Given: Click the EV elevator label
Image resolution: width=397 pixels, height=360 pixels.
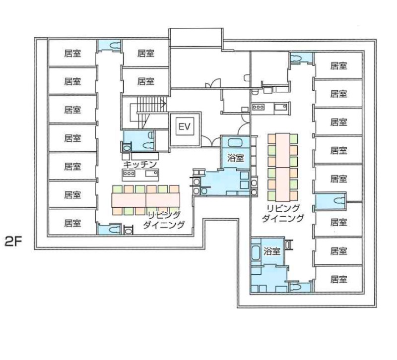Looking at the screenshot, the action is pyautogui.click(x=184, y=126).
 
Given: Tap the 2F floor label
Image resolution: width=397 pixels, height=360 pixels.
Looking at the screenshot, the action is pyautogui.click(x=13, y=242).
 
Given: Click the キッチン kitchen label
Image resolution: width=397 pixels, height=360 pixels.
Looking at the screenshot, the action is pyautogui.click(x=140, y=165).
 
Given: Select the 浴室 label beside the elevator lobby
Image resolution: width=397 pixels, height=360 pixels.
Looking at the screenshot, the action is pyautogui.click(x=235, y=158).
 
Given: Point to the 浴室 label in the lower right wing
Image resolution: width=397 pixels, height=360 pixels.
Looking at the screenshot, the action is pyautogui.click(x=271, y=251).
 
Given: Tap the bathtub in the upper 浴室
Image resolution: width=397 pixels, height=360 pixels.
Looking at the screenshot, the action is pyautogui.click(x=235, y=143).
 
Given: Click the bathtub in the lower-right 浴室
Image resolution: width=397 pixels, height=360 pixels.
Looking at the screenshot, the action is pyautogui.click(x=256, y=253).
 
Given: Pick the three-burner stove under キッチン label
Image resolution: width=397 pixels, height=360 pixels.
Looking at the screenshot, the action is pyautogui.click(x=129, y=173).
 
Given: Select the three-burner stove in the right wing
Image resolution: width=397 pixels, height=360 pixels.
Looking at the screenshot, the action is pyautogui.click(x=258, y=107).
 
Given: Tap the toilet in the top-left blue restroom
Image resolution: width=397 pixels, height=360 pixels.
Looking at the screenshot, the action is pyautogui.click(x=115, y=45).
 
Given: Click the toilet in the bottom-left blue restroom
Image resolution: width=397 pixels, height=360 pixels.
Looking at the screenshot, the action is pyautogui.click(x=114, y=230).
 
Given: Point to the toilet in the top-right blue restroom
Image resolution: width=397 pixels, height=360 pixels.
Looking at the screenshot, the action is pyautogui.click(x=295, y=59).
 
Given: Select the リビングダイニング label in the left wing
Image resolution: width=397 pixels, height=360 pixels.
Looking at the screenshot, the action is pyautogui.click(x=164, y=220).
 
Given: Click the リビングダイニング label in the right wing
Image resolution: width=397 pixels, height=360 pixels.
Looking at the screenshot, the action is pyautogui.click(x=282, y=213).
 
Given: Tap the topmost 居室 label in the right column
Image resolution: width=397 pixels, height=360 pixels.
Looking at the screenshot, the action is pyautogui.click(x=338, y=66).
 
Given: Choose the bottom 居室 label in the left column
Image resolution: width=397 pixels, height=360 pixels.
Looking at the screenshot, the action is pyautogui.click(x=72, y=223).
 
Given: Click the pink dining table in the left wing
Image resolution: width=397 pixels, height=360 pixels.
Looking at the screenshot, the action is pyautogui.click(x=146, y=200).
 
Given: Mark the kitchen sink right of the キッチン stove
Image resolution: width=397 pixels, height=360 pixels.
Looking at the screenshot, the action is pyautogui.click(x=152, y=173).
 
